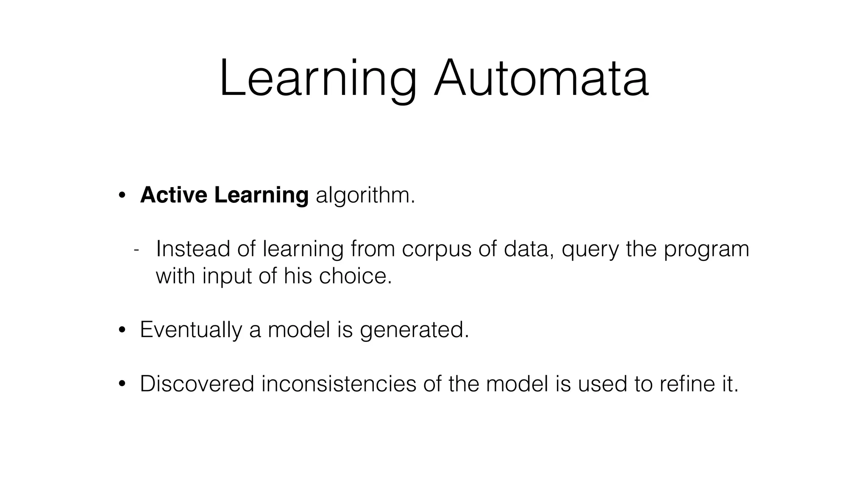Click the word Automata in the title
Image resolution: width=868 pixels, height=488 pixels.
pyautogui.click(x=541, y=79)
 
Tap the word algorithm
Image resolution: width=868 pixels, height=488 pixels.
pyautogui.click(x=365, y=196)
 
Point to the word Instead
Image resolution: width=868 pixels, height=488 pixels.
pyautogui.click(x=193, y=249)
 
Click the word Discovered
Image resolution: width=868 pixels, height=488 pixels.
pyautogui.click(x=197, y=384)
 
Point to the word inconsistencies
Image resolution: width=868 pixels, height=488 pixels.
pyautogui.click(x=339, y=384)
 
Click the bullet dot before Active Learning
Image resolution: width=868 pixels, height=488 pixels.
pyautogui.click(x=122, y=196)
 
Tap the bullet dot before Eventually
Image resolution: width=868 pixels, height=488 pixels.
pyautogui.click(x=122, y=330)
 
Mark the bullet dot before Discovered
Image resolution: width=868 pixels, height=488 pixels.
pyautogui.click(x=122, y=384)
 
